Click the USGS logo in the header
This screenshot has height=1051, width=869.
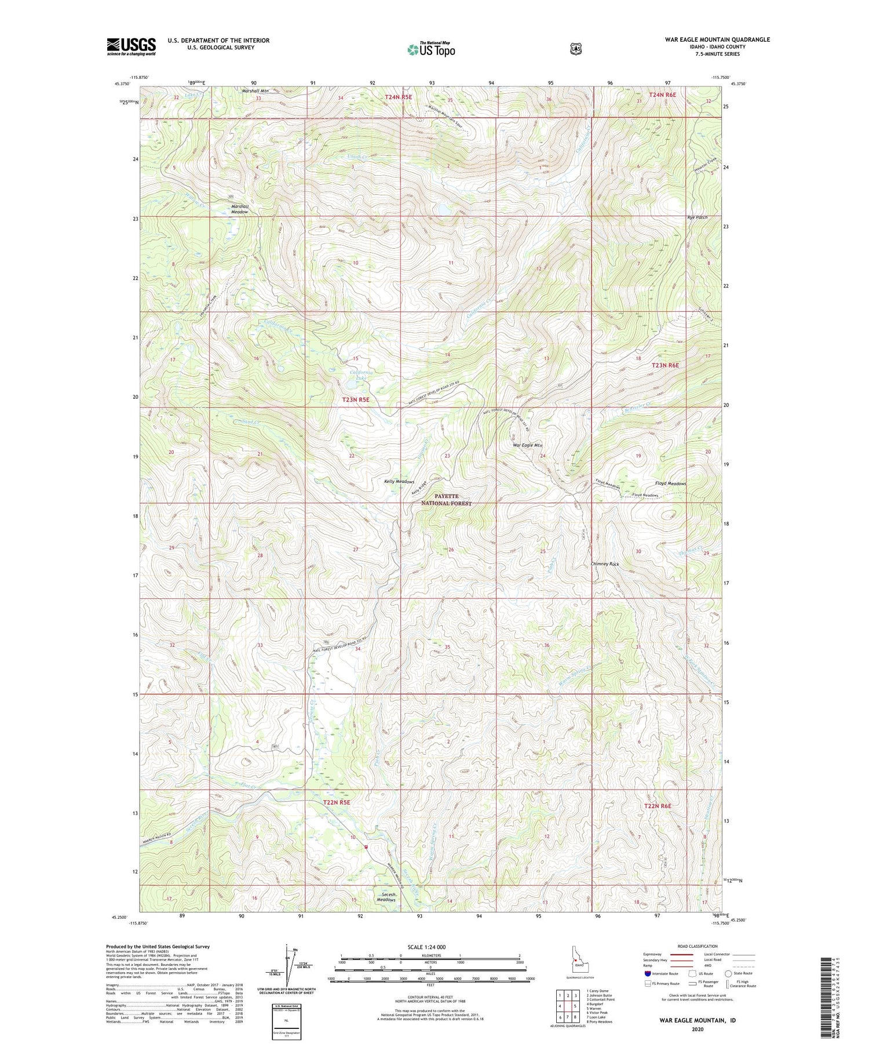[x=131, y=46]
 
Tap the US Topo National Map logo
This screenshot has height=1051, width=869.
[x=431, y=49]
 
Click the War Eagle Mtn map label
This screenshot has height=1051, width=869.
[x=528, y=445]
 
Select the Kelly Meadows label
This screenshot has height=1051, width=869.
[x=399, y=482]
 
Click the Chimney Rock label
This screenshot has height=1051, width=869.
[x=605, y=563]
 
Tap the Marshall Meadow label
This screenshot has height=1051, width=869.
[x=239, y=209]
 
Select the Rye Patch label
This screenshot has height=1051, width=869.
[x=697, y=217]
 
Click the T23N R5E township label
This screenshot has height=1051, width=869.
[x=355, y=399]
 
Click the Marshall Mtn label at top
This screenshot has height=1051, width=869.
[x=255, y=90]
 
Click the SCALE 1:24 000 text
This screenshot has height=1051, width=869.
[x=426, y=947]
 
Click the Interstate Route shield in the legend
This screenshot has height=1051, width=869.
[x=647, y=973]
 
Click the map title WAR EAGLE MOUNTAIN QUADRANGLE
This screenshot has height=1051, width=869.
[x=717, y=39]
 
